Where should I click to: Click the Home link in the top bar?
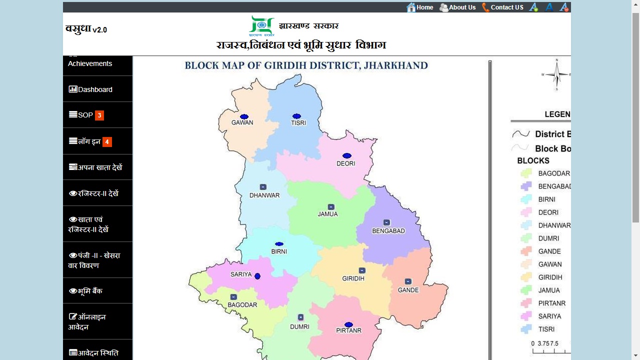pyautogui.click(x=420, y=7)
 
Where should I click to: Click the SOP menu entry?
pyautogui.click(x=85, y=115)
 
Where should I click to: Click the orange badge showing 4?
pyautogui.click(x=107, y=141)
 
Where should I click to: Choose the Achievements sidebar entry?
pyautogui.click(x=90, y=63)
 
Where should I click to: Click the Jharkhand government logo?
pyautogui.click(x=261, y=26)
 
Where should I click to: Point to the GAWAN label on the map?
pyautogui.click(x=242, y=122)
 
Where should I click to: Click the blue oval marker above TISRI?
pyautogui.click(x=296, y=116)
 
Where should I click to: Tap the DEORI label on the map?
pyautogui.click(x=345, y=163)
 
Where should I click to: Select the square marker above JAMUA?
pyautogui.click(x=330, y=206)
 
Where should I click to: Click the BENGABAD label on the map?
pyautogui.click(x=388, y=231)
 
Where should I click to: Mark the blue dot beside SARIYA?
pyautogui.click(x=257, y=276)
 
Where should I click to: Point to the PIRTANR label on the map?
pyautogui.click(x=348, y=330)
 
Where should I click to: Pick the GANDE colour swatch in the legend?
pyautogui.click(x=525, y=251)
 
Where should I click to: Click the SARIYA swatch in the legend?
pyautogui.click(x=525, y=316)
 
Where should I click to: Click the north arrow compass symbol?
pyautogui.click(x=556, y=75)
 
